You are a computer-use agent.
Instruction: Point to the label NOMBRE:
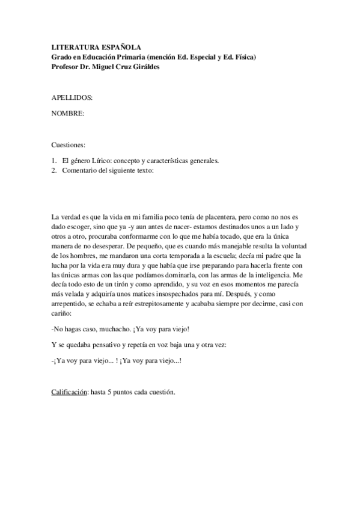[x=68, y=113]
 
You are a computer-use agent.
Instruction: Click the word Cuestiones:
[x=69, y=145]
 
